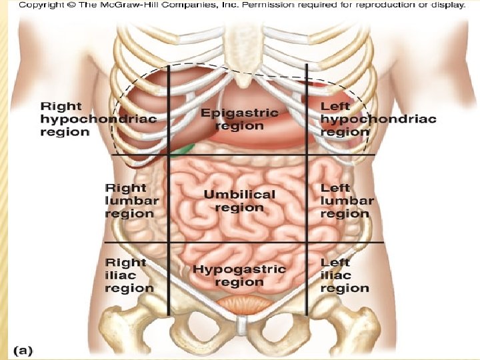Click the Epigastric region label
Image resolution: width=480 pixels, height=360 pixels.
click(239, 119)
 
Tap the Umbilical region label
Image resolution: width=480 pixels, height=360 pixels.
click(239, 201)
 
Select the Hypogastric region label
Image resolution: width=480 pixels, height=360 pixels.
click(239, 276)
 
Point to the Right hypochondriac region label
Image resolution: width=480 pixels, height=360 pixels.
click(98, 119)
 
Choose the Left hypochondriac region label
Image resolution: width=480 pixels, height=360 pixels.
click(378, 119)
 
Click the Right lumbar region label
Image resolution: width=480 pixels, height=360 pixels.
click(132, 201)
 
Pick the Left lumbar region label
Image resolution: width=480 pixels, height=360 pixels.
click(347, 201)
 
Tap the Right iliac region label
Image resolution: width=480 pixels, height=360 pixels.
click(129, 275)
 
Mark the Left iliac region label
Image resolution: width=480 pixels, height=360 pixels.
click(345, 275)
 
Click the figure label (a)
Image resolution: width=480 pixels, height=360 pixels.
click(23, 349)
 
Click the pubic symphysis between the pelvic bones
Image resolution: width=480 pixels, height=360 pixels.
click(239, 327)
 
